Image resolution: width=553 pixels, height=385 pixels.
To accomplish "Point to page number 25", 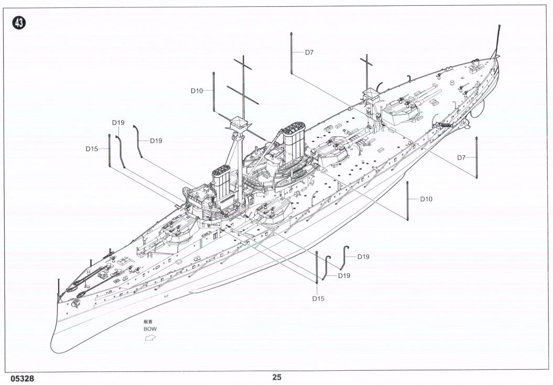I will coord(277,377).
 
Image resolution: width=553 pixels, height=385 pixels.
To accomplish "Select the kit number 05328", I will coord(21,378).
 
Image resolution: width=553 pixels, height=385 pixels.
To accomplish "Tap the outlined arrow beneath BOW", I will coord(150,338).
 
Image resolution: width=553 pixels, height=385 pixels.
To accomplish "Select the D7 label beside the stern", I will coord(461,157).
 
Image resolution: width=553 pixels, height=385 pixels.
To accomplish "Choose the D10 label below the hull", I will coord(427,199).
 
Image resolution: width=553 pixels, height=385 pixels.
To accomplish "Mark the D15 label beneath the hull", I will coord(318,298).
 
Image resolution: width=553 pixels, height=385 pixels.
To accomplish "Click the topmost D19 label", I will coord(118,123).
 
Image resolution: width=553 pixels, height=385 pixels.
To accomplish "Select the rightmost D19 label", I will coord(363,256).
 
